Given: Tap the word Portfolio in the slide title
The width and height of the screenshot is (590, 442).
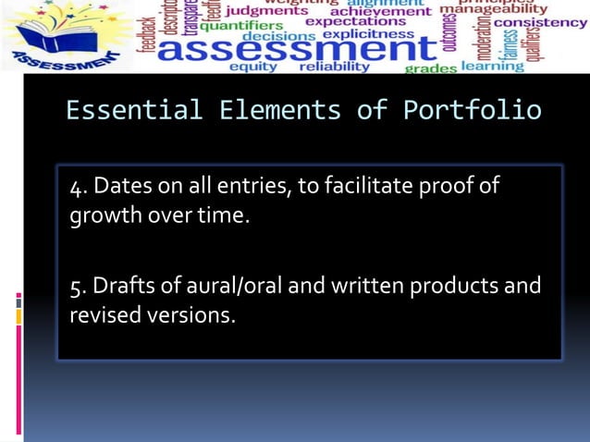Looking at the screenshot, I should tap(473, 111).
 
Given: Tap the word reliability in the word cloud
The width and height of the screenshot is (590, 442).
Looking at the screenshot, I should tap(334, 67).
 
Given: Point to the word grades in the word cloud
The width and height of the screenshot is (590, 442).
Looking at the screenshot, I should tap(431, 68).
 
